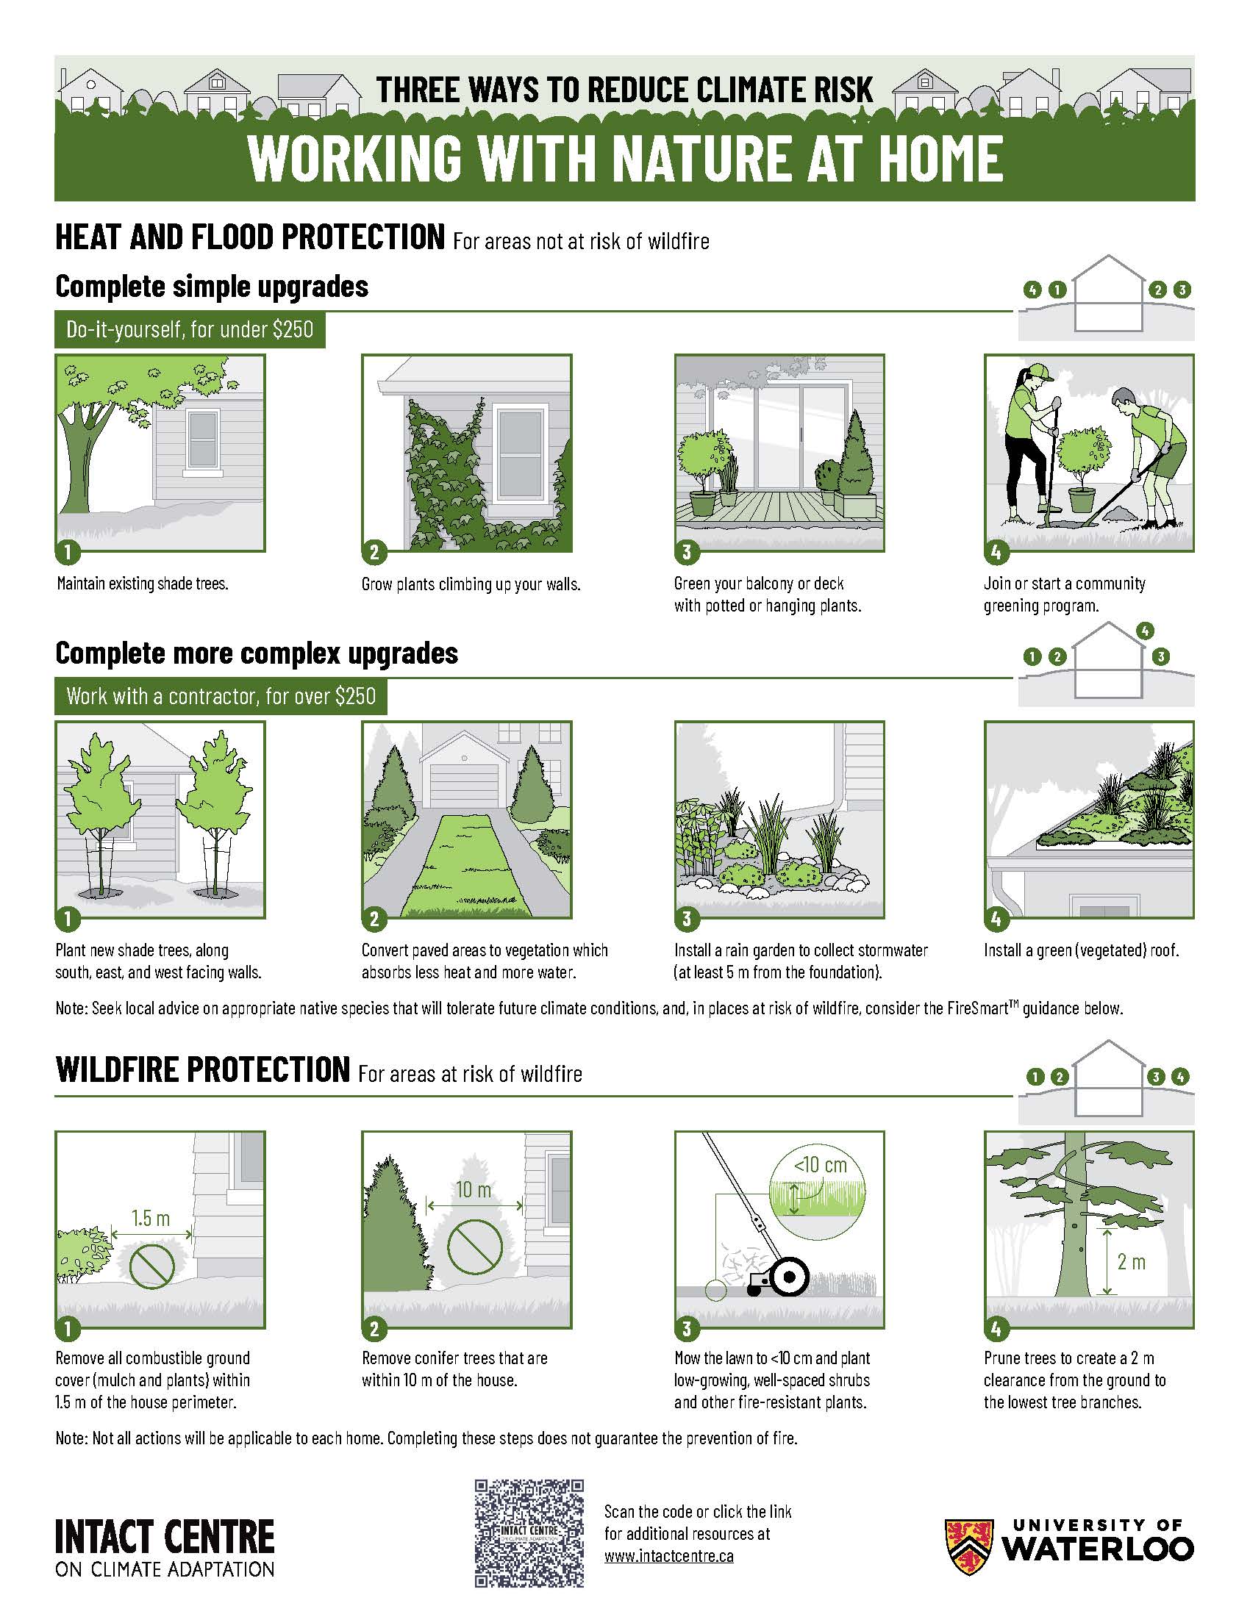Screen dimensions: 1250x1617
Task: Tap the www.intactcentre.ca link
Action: point(668,1556)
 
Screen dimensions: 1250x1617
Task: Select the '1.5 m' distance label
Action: point(151,1218)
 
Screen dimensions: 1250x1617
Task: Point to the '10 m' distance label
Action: point(474,1190)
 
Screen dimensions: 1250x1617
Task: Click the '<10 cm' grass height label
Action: point(820,1166)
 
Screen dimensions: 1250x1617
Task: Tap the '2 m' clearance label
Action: point(1132,1261)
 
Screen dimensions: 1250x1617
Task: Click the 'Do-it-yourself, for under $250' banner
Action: point(190,329)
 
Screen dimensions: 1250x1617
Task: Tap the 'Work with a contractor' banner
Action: point(221,697)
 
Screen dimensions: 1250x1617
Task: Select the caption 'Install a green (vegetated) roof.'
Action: point(1081,950)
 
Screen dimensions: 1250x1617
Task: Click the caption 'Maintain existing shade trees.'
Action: point(142,584)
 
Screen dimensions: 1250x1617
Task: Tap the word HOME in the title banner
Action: point(940,159)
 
